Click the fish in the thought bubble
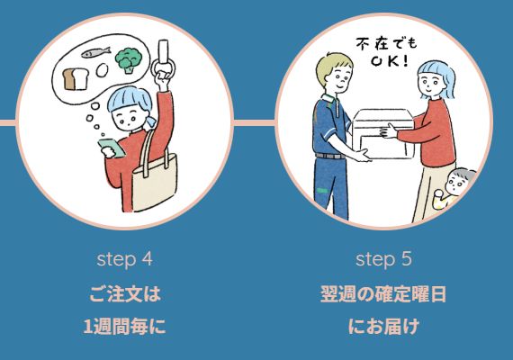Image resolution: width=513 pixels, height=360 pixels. pyautogui.click(x=96, y=52)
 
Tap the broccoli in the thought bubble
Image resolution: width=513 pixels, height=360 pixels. pyautogui.click(x=129, y=60)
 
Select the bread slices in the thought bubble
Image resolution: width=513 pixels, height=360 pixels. pyautogui.click(x=76, y=79)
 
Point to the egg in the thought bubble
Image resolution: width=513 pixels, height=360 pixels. pyautogui.click(x=102, y=69)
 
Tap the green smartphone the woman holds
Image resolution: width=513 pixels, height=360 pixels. pyautogui.click(x=112, y=148)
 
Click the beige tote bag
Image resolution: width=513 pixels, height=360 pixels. pyautogui.click(x=155, y=176)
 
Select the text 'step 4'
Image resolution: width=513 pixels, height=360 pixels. pyautogui.click(x=125, y=259)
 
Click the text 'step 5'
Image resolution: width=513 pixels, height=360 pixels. pyautogui.click(x=383, y=259)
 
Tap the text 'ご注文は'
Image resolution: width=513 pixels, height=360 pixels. pyautogui.click(x=125, y=293)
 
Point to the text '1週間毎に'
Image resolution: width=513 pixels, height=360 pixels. pyautogui.click(x=125, y=327)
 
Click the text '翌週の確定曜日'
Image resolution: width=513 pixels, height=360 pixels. pyautogui.click(x=383, y=293)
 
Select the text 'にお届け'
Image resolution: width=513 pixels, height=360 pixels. pyautogui.click(x=383, y=327)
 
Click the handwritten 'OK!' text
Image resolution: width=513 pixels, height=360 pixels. pyautogui.click(x=390, y=61)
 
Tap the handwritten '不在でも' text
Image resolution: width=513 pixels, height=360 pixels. pyautogui.click(x=386, y=45)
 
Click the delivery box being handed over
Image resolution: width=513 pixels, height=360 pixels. pyautogui.click(x=383, y=134)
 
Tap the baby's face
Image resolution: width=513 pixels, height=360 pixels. pyautogui.click(x=458, y=184)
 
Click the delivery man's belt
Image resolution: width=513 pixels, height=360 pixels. pyautogui.click(x=330, y=156)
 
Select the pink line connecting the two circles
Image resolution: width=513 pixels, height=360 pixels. pyautogui.click(x=254, y=122)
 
